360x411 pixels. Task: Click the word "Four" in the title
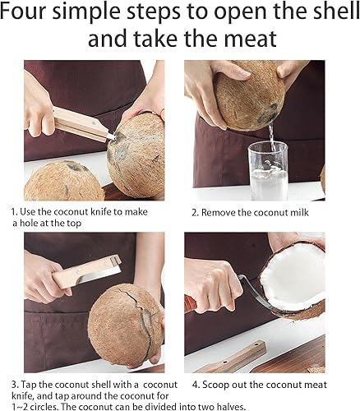(23, 12)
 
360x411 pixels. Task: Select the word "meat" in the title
(250, 39)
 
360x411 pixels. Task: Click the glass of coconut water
(268, 171)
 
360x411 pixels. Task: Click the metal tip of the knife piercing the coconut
(112, 136)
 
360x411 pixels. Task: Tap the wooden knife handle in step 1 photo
(80, 124)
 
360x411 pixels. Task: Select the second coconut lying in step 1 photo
(63, 181)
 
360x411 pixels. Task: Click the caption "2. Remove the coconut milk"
(250, 213)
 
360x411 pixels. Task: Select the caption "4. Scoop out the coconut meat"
(260, 385)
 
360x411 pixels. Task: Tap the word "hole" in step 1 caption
(29, 224)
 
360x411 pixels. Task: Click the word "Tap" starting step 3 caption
(29, 385)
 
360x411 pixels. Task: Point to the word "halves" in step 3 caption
(231, 406)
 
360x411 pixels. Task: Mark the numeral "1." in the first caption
(15, 212)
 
